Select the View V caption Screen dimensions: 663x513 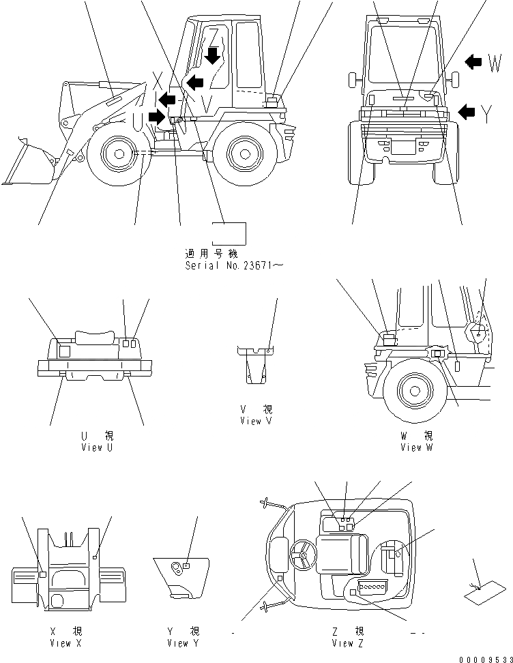256,422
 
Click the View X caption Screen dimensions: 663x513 70,643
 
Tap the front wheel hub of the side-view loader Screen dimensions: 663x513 119,153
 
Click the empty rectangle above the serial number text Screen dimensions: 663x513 229,233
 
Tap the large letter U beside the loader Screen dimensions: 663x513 139,121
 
